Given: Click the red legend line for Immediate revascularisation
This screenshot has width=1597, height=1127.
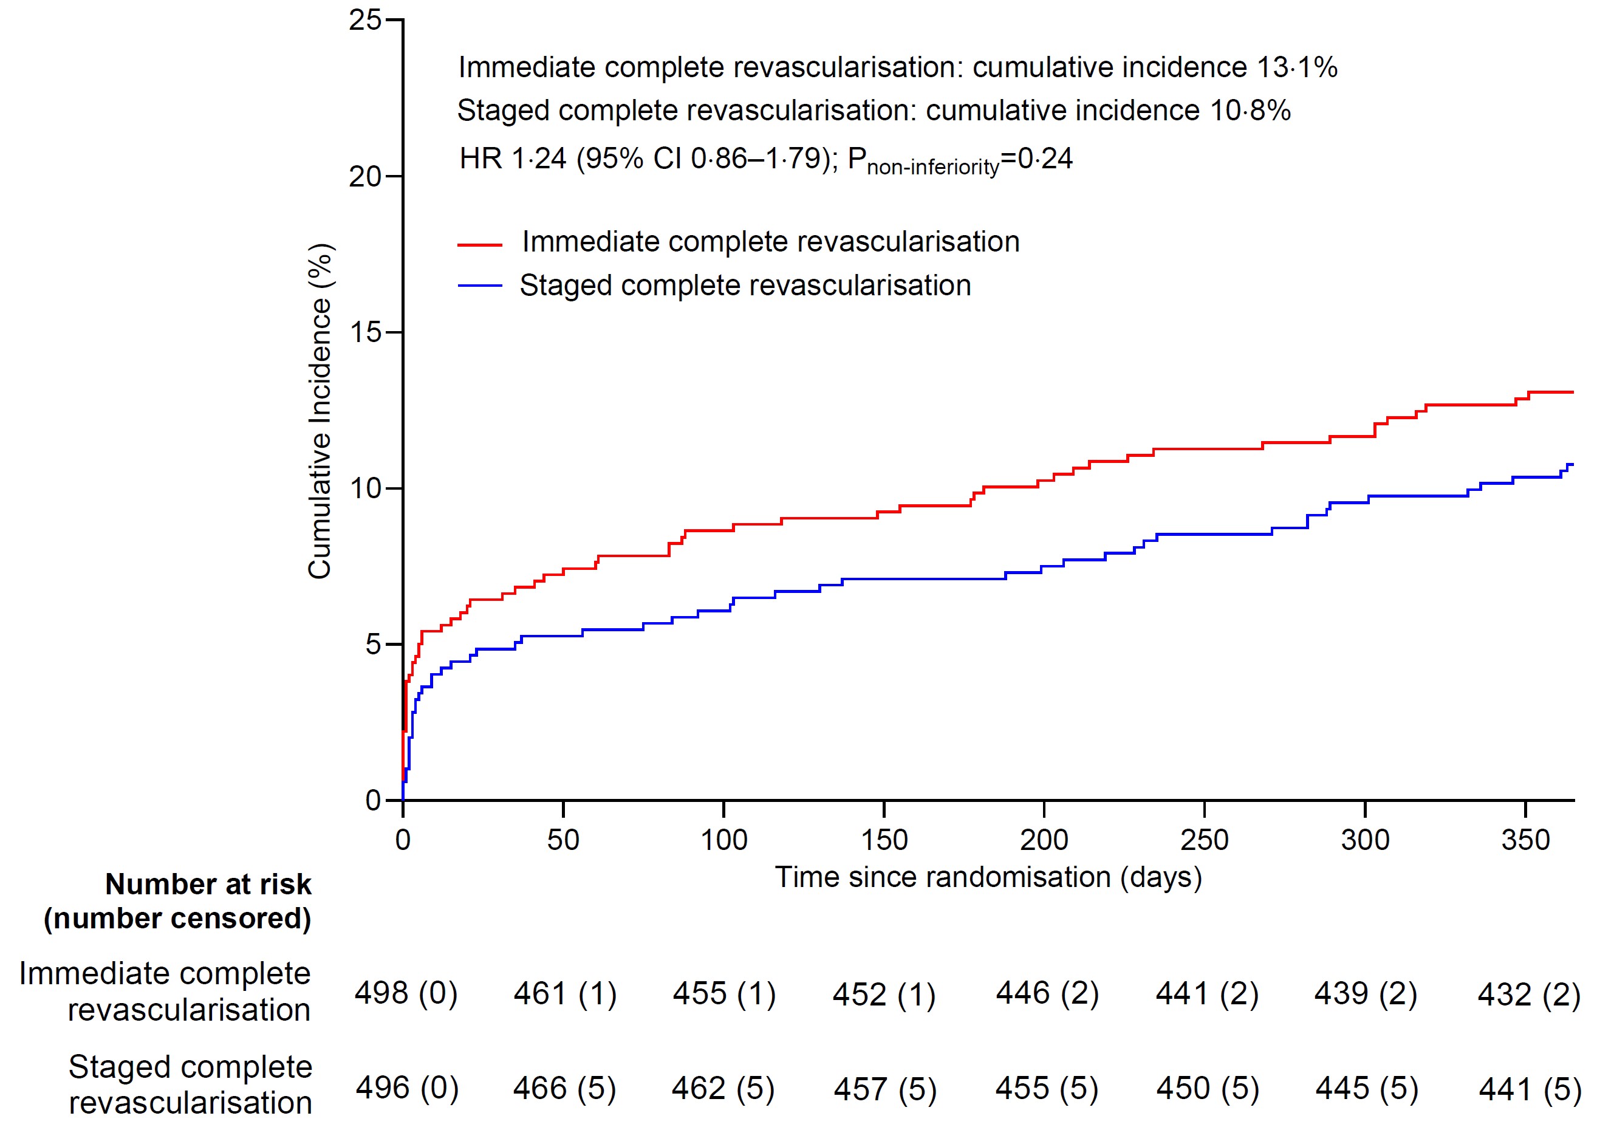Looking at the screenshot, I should (x=479, y=245).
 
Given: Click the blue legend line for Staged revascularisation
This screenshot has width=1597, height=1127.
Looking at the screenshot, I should (x=479, y=286).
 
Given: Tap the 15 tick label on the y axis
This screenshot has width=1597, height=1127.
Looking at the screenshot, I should (x=366, y=332).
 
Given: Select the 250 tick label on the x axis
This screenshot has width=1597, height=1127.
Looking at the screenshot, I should (x=1204, y=840).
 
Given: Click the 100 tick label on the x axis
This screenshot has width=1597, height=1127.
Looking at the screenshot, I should (x=723, y=840).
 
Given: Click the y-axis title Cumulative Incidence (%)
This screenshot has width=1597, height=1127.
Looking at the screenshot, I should (x=320, y=411).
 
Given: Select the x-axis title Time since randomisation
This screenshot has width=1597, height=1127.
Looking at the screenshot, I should (x=988, y=877).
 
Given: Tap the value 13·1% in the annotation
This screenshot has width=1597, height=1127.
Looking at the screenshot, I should (x=1296, y=67).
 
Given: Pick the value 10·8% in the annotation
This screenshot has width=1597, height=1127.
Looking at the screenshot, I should (x=1250, y=111).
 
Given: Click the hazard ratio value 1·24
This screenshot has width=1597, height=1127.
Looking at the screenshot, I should (x=538, y=159).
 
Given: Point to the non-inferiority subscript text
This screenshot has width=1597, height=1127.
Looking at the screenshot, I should (x=932, y=168).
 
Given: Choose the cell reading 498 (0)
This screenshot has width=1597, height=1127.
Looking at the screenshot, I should (x=406, y=993).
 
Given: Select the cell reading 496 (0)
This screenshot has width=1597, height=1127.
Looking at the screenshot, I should (x=407, y=1088).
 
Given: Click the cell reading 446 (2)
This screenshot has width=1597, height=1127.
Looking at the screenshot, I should (x=1047, y=993).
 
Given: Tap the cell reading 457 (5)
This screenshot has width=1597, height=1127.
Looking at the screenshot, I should (x=884, y=1089).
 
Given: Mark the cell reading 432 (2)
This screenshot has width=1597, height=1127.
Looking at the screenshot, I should (x=1529, y=995).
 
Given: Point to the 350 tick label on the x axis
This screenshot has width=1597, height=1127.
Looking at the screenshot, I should (x=1525, y=840).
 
